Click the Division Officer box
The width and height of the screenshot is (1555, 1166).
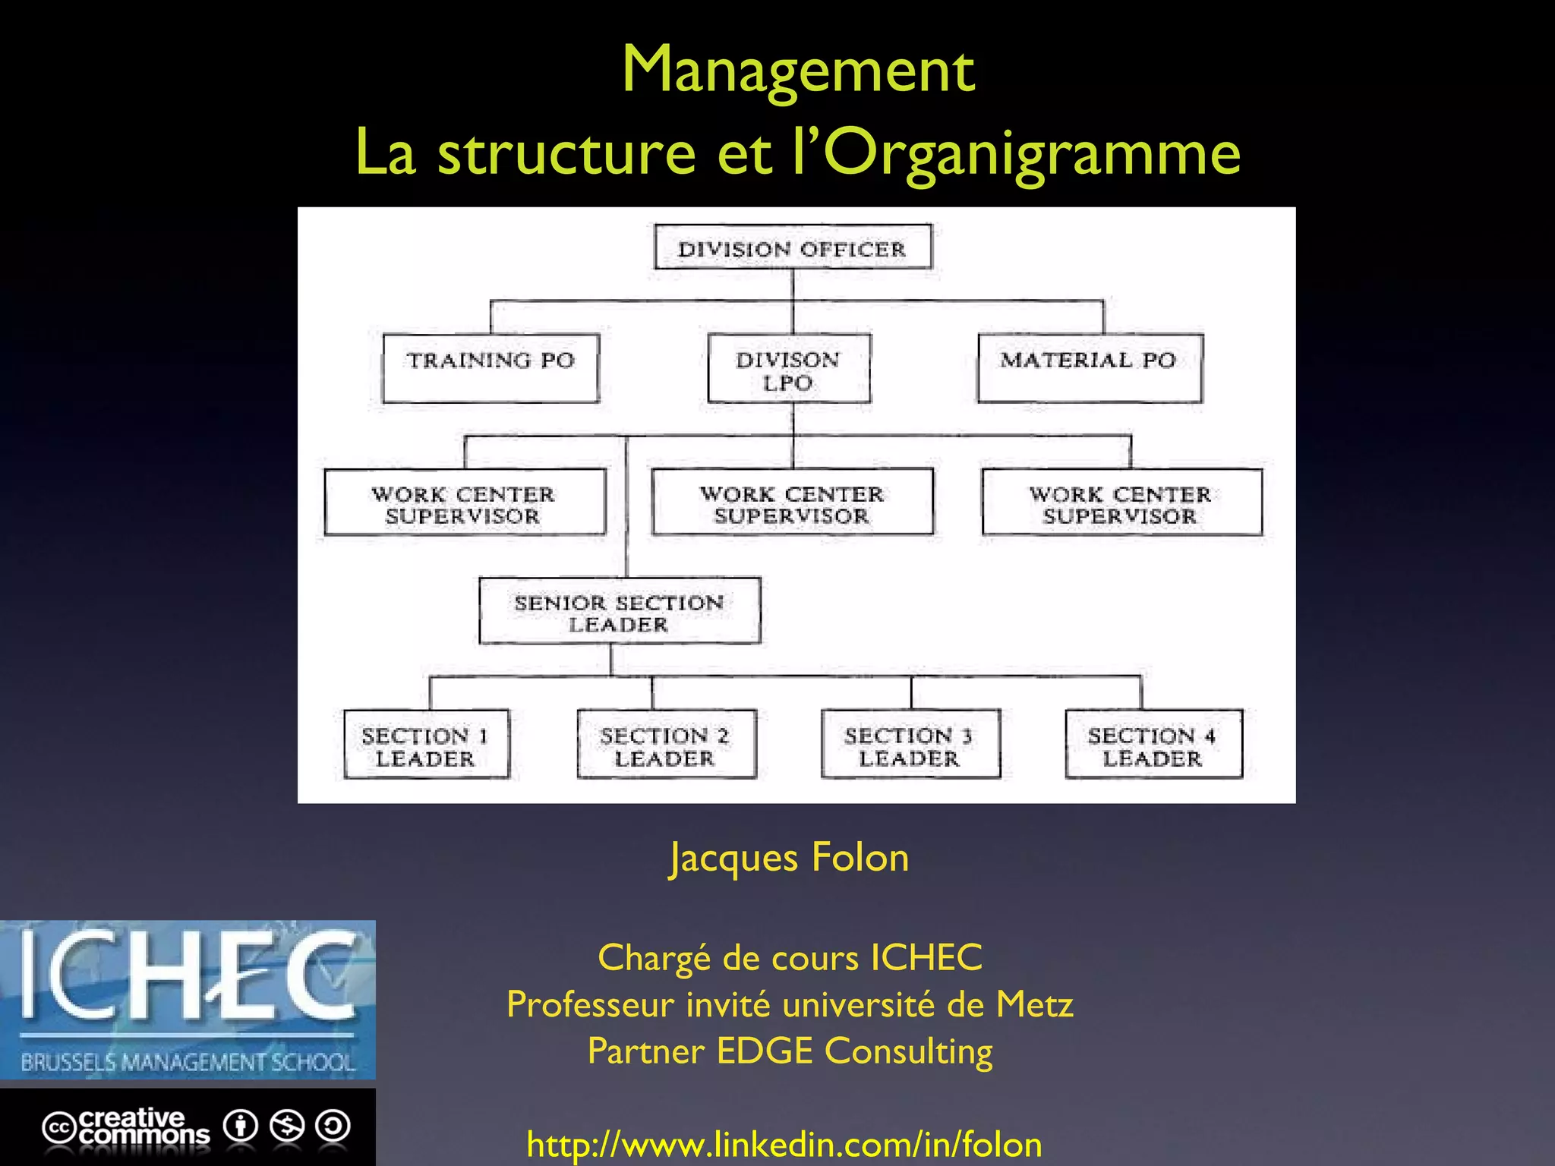pos(793,247)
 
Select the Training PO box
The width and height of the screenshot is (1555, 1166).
pos(490,368)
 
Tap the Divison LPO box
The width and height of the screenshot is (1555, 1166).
pos(789,369)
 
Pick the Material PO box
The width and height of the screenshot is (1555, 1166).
pos(1090,368)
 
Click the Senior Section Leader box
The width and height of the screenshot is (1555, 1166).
pos(620,611)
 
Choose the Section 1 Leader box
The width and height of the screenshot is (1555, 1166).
pos(426,745)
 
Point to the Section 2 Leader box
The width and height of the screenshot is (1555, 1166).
pos(666,745)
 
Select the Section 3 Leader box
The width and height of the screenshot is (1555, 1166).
pos(910,745)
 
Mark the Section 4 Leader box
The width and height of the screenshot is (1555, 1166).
pos(1153,745)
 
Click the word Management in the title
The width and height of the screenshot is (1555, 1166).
pos(798,70)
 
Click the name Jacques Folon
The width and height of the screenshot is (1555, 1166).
pos(789,858)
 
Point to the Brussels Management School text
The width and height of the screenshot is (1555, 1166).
pos(188,1062)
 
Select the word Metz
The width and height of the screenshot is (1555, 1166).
pos(1034,1004)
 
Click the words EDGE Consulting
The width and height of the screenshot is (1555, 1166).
pos(854,1051)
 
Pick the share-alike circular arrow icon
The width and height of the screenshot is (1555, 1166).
pos(333,1126)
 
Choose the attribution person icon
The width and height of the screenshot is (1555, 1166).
pos(241,1126)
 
